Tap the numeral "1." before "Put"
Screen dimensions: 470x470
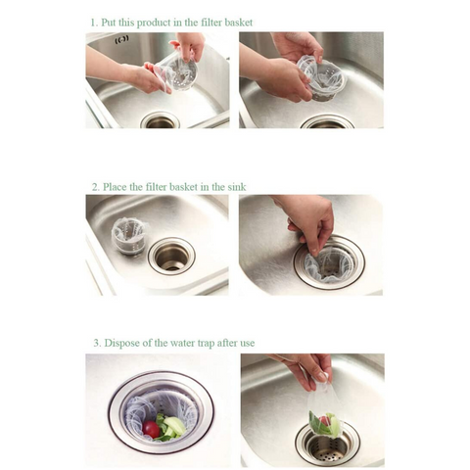coord(94,23)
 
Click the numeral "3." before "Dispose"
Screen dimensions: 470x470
coord(98,343)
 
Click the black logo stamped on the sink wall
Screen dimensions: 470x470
coord(122,39)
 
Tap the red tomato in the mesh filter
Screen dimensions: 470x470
coord(152,429)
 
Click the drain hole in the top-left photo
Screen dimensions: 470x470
coord(161,121)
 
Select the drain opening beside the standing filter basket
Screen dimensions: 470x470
coord(171,257)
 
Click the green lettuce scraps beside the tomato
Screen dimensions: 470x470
coord(170,426)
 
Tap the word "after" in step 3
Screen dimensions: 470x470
coord(228,343)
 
